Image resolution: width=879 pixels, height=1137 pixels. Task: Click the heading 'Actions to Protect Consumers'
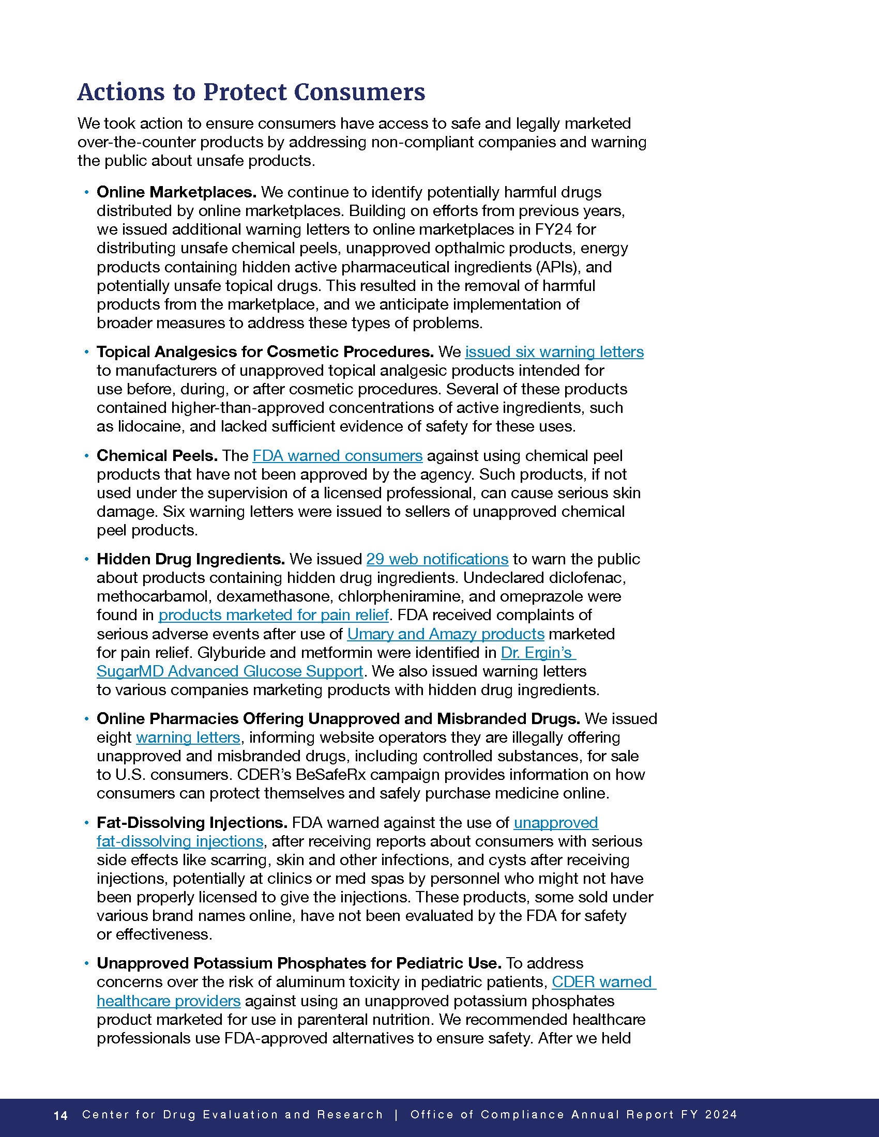[x=251, y=92]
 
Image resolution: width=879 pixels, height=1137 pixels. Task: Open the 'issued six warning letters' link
[x=554, y=352]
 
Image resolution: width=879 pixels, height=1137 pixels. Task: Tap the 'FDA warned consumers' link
[x=337, y=455]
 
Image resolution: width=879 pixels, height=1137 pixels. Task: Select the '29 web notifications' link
[x=437, y=559]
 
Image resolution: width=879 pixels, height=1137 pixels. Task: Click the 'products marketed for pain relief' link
[x=274, y=615]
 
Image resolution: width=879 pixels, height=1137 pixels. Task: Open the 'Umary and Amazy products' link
[x=446, y=634]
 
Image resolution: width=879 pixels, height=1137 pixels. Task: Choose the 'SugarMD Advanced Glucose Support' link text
[x=230, y=671]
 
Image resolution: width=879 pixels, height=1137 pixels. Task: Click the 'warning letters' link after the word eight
[x=188, y=737]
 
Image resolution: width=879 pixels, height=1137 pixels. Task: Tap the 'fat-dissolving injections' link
[x=180, y=841]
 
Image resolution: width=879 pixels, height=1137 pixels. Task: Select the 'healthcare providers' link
[x=169, y=1001]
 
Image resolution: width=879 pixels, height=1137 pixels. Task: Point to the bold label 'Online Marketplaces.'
[x=176, y=192]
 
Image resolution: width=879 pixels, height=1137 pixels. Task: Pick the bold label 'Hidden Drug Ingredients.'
[x=191, y=559]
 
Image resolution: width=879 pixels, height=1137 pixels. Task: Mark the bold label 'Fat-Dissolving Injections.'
[x=192, y=823]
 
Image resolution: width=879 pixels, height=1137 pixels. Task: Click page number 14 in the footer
[x=60, y=1115]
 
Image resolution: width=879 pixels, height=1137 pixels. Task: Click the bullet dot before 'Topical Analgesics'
[x=87, y=352]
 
